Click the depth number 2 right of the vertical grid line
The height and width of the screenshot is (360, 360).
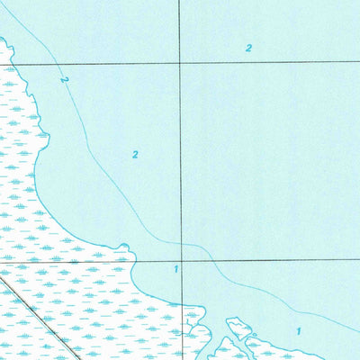click(x=248, y=49)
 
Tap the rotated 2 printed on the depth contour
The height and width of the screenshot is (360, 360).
click(x=64, y=80)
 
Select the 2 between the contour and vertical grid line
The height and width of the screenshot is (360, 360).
click(x=135, y=154)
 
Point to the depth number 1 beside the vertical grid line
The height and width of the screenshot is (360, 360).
click(x=176, y=269)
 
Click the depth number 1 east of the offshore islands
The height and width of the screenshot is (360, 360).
click(x=299, y=331)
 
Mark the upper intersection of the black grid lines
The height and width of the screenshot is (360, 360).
click(x=179, y=63)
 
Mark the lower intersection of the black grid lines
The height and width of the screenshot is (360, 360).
click(x=181, y=261)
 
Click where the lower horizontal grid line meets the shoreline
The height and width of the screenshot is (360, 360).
click(x=132, y=261)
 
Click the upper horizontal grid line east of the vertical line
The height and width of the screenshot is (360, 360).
click(x=270, y=62)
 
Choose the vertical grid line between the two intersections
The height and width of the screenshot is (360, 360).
click(x=180, y=162)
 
